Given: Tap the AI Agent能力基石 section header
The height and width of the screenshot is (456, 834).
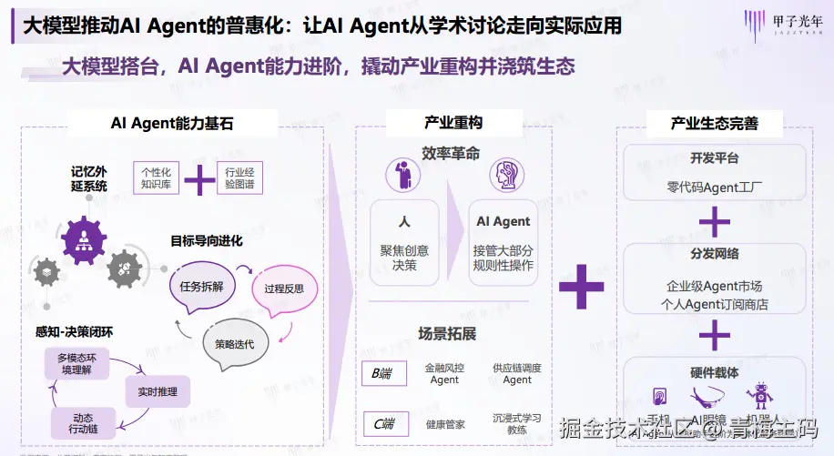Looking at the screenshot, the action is [x=171, y=123].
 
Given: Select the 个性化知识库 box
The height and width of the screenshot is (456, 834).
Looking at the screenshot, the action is [x=156, y=178].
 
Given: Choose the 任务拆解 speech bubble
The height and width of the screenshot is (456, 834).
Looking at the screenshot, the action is [x=202, y=285].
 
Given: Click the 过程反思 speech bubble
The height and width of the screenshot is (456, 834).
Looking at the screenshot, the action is [x=283, y=289].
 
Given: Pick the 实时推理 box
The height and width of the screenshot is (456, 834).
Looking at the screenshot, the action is [x=158, y=392].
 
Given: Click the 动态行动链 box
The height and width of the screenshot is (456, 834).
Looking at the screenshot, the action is [x=84, y=421].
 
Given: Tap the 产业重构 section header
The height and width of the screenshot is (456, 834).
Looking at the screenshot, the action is [x=453, y=123].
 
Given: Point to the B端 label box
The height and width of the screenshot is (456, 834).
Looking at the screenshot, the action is [x=382, y=373].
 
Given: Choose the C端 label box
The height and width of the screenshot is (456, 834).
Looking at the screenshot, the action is [x=382, y=423].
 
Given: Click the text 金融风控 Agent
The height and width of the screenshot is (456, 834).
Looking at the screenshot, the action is [x=444, y=373].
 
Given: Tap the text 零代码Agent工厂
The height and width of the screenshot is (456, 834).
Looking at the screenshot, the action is [x=714, y=188].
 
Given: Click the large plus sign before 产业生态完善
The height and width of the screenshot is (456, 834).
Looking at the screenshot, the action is [x=581, y=287].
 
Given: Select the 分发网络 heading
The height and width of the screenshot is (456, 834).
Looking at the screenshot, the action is [x=715, y=254].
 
